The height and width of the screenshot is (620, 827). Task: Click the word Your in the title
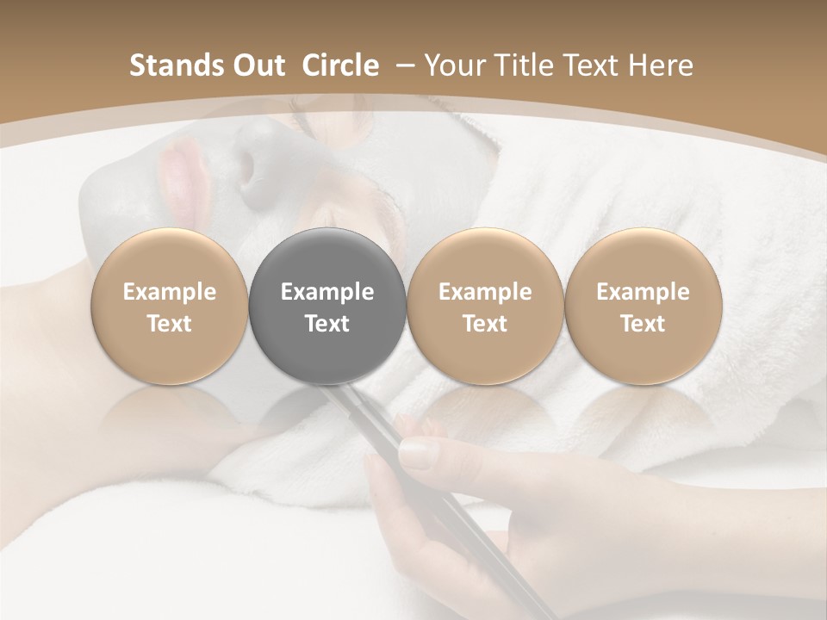click(454, 65)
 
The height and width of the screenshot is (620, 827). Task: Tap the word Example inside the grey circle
click(327, 293)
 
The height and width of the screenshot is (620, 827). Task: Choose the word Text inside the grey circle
click(327, 324)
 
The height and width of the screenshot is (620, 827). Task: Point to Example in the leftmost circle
click(169, 293)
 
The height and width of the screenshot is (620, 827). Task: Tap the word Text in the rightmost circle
click(643, 324)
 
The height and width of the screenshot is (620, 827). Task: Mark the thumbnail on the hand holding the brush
click(419, 453)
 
